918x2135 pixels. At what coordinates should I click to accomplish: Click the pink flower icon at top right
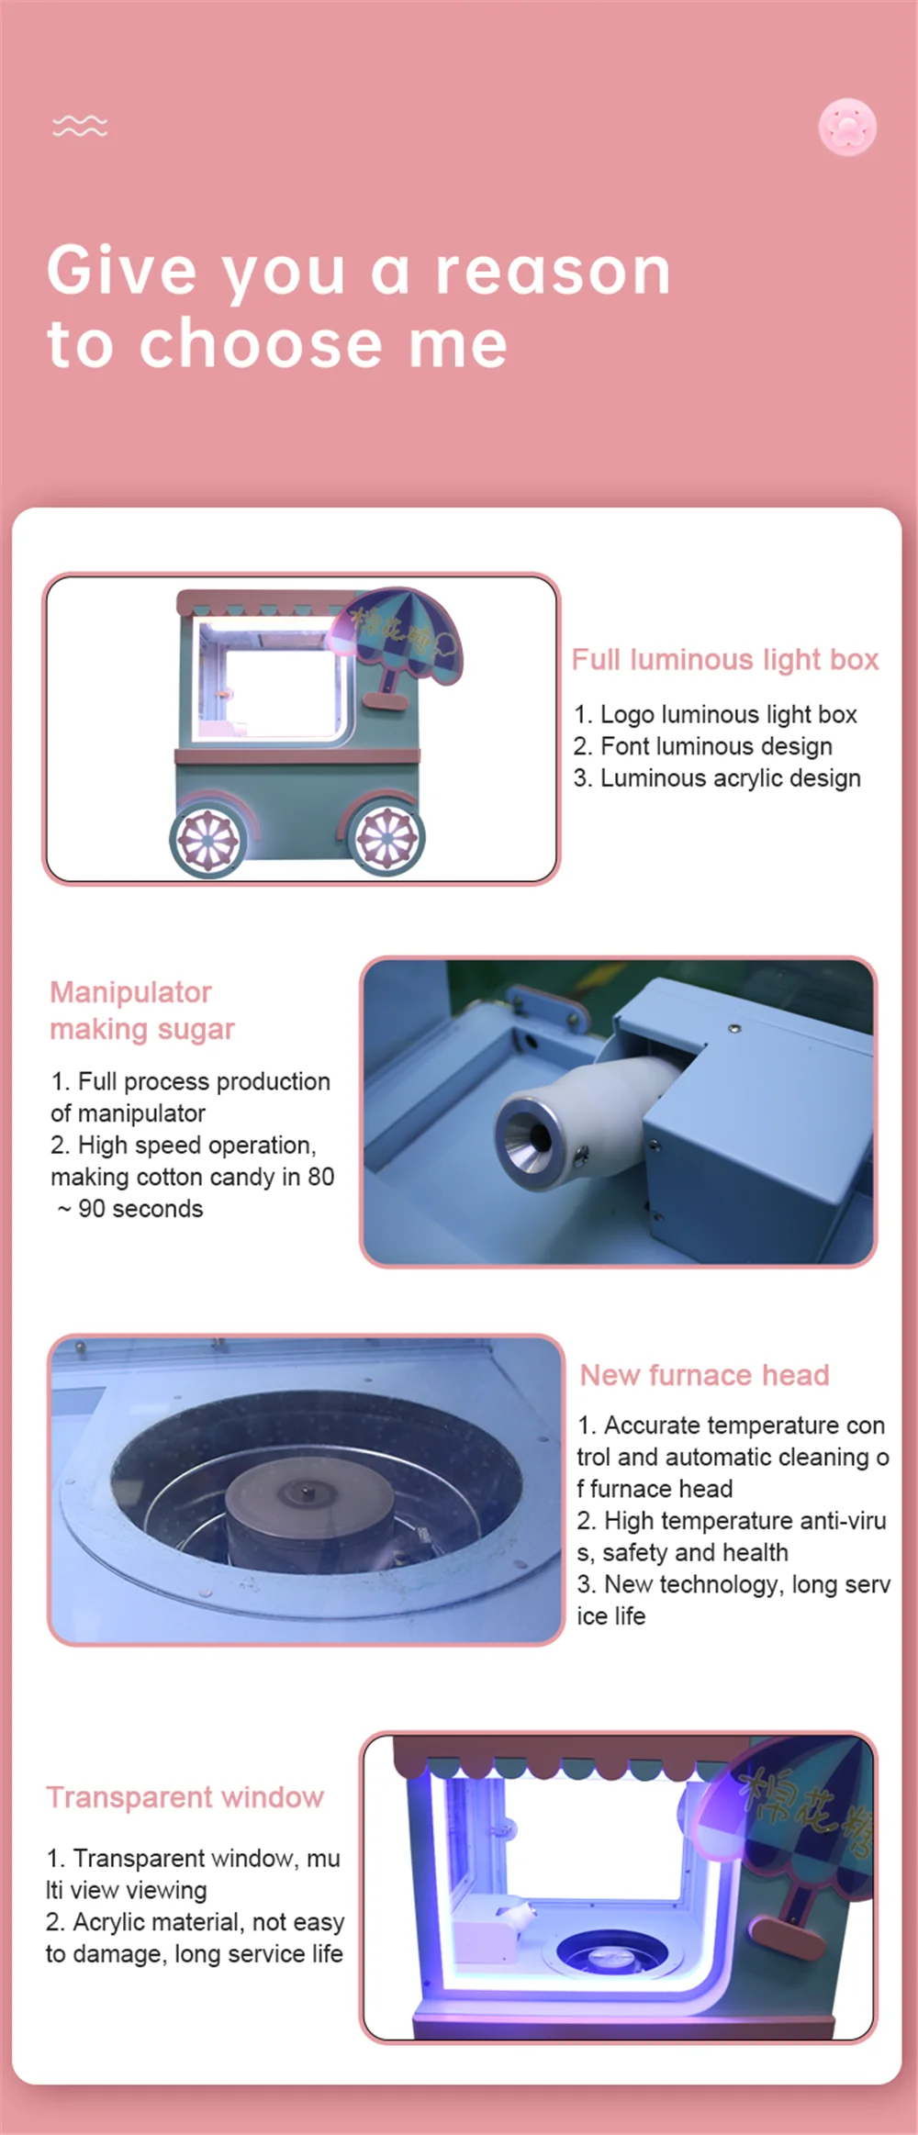(847, 127)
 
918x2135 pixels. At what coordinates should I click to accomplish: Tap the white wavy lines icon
(80, 126)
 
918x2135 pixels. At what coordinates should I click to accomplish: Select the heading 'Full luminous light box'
(724, 659)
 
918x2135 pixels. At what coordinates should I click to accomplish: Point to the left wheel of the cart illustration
(207, 839)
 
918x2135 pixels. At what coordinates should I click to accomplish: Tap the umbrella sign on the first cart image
(404, 639)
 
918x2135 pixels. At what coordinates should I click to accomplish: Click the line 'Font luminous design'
(703, 746)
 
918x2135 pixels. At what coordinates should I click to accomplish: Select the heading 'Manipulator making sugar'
(141, 1010)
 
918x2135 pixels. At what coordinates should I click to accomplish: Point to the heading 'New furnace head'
(704, 1374)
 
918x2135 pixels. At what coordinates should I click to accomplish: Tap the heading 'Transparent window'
(185, 1796)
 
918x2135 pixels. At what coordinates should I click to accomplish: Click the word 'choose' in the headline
(260, 343)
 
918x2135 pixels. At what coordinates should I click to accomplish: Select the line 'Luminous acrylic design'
(717, 778)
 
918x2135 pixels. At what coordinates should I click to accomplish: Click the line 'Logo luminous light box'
(715, 714)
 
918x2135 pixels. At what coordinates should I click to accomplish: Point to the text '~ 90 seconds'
(129, 1208)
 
